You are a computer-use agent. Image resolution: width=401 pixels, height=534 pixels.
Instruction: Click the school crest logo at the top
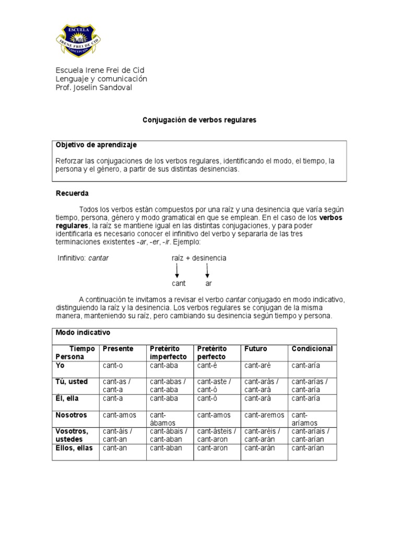[78, 39]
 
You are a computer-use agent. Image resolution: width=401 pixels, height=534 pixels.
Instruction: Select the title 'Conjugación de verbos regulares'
[200, 120]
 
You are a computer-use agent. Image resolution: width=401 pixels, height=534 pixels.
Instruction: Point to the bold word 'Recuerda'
[72, 193]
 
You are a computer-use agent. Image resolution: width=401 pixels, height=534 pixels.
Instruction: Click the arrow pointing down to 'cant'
[178, 270]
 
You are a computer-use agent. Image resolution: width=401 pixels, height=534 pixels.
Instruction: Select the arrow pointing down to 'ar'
[208, 270]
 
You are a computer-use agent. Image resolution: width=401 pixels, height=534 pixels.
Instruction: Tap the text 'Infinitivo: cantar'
[83, 258]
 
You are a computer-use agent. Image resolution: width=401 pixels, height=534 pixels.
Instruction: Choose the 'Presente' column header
[118, 349]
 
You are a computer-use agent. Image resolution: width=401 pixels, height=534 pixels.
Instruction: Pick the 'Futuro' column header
[255, 349]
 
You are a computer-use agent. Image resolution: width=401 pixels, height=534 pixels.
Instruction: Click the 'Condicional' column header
[312, 349]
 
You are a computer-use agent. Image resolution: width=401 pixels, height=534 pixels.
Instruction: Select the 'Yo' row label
[61, 366]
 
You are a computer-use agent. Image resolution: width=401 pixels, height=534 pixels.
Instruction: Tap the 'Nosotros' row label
[72, 416]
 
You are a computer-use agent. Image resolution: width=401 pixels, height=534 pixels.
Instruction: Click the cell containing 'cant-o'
[113, 366]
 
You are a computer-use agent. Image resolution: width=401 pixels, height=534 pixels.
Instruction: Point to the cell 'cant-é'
[203, 366]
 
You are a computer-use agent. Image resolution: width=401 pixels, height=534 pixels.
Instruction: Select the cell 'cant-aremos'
[264, 416]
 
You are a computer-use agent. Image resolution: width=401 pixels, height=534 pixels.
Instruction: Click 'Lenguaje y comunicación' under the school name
[101, 79]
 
